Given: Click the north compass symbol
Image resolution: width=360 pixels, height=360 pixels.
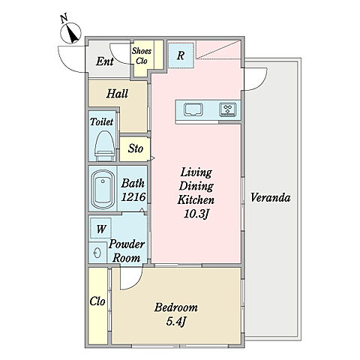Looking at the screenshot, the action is (71, 33).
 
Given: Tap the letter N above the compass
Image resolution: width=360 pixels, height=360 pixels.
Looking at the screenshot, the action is (64, 19).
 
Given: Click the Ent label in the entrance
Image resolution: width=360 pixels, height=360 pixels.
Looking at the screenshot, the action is (105, 61).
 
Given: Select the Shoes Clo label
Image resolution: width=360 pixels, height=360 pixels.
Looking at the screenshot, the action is (142, 56).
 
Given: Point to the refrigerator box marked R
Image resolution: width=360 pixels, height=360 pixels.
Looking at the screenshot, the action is (181, 55).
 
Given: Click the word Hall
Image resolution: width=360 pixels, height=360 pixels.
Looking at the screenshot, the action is (117, 94).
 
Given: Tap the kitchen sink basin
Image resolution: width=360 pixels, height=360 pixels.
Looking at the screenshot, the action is (193, 109).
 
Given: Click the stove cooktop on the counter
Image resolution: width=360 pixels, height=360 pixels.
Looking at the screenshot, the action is (228, 109).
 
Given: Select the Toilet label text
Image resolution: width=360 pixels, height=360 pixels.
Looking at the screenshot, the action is (102, 121).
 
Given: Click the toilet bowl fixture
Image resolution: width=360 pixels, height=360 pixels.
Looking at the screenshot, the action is (105, 145).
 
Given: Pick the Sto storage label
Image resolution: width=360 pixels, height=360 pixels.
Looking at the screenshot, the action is (136, 148).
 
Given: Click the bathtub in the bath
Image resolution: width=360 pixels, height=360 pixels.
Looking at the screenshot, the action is (103, 189).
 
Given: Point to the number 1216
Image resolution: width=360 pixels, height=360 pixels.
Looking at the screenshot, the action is (133, 197).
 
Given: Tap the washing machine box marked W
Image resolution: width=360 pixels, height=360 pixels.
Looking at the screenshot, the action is (100, 229).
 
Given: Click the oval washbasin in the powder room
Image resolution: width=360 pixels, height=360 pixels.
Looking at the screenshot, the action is (97, 253).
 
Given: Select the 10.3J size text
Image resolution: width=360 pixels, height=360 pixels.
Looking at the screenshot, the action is (196, 214).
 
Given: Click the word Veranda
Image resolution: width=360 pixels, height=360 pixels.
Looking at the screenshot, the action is (271, 197).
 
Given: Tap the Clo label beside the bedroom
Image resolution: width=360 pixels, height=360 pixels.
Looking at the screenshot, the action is (97, 301).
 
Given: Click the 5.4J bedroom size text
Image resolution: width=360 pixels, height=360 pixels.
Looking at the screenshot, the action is (176, 322).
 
